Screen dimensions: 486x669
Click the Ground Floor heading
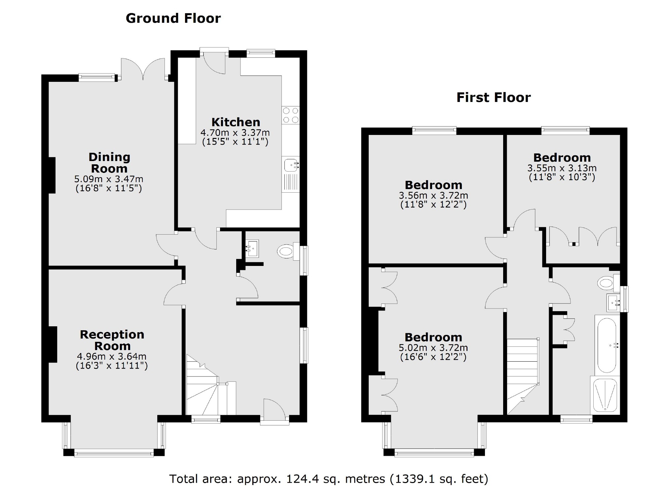(173, 18)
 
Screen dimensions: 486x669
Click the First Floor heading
(493, 98)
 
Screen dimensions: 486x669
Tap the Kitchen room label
(236, 122)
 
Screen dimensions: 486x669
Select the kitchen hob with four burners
(290, 115)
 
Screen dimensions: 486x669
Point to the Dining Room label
(109, 163)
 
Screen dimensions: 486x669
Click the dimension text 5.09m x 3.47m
(109, 179)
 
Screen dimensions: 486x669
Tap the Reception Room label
(112, 340)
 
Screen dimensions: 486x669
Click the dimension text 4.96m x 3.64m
(112, 357)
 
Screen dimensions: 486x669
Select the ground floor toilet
(286, 251)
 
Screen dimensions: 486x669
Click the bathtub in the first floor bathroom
(607, 345)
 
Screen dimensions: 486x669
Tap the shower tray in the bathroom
(605, 395)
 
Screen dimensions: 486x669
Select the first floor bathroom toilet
(607, 283)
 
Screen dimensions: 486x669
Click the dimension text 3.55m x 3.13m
(562, 168)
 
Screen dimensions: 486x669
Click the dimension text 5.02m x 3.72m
(433, 348)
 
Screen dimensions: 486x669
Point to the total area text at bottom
(328, 478)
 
